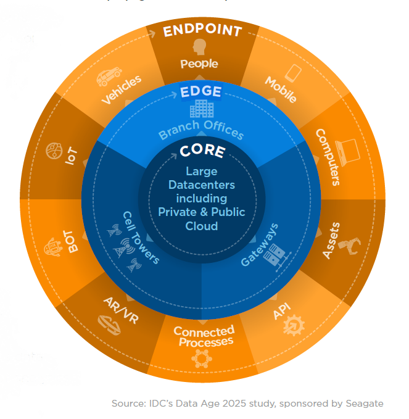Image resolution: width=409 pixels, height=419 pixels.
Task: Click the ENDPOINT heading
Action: coord(202,30)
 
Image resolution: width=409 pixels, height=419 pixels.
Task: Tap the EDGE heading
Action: coord(201,91)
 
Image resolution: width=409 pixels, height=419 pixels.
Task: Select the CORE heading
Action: coord(202,151)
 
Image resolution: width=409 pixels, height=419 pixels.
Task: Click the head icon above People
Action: coord(199,47)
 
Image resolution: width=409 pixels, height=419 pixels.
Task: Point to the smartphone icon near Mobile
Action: coord(293,73)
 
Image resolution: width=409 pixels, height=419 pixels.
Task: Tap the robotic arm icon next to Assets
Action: coord(350,246)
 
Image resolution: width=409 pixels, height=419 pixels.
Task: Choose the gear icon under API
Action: coord(294,325)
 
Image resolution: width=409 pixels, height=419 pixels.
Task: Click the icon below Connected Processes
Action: coord(202,359)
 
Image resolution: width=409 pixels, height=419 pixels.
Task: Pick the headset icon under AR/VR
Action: coord(109,325)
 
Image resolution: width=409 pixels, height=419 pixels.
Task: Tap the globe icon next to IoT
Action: coord(54,151)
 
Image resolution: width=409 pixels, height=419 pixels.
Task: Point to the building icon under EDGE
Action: coord(202,109)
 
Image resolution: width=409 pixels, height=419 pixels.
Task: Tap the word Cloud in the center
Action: coord(202,226)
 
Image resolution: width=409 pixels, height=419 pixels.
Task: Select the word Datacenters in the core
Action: coord(202,185)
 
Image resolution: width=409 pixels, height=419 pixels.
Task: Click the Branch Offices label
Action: coord(201,130)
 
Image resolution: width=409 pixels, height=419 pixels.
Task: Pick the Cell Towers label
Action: coord(141,238)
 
